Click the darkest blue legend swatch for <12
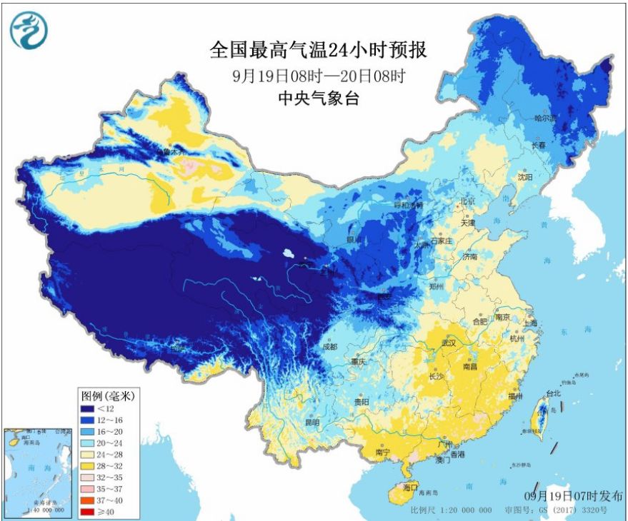tap(89, 409)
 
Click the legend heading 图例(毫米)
tap(107, 395)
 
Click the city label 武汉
tap(449, 344)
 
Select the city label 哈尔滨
tap(546, 118)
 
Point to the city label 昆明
tap(312, 423)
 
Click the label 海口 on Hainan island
tap(410, 487)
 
